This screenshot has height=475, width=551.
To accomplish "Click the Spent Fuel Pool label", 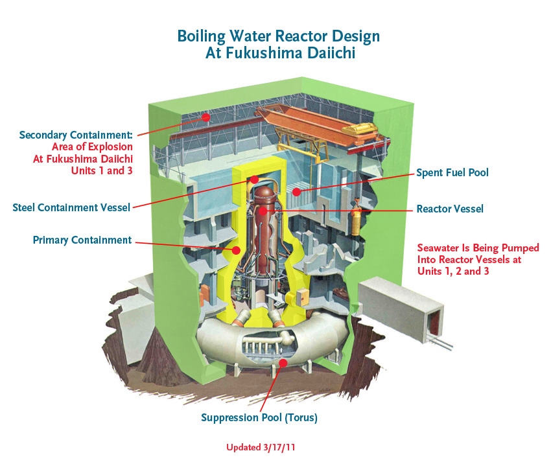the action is pos(452,173).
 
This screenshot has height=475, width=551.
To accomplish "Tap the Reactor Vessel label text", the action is pos(450,209).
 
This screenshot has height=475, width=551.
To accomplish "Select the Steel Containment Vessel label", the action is pos(71,207).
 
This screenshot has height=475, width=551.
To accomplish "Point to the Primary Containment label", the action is pos(82,240).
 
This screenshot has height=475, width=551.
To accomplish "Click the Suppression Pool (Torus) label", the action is pos(259,418).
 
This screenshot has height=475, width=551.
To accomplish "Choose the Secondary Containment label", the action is pos(76,135).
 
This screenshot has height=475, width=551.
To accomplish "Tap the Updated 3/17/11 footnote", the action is pos(261,447).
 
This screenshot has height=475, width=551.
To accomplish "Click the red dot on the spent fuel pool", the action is pos(297,192).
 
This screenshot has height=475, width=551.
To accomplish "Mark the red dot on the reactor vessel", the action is pos(263,211).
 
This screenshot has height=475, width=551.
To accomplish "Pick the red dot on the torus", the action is pos(283,363).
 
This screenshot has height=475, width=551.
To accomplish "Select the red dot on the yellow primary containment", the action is pos(236,250).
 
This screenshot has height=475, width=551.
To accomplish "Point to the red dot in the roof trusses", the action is pos(206,117).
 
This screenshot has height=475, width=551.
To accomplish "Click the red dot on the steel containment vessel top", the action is pos(255,180).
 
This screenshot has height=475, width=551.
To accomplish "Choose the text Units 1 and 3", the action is pos(102,170).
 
